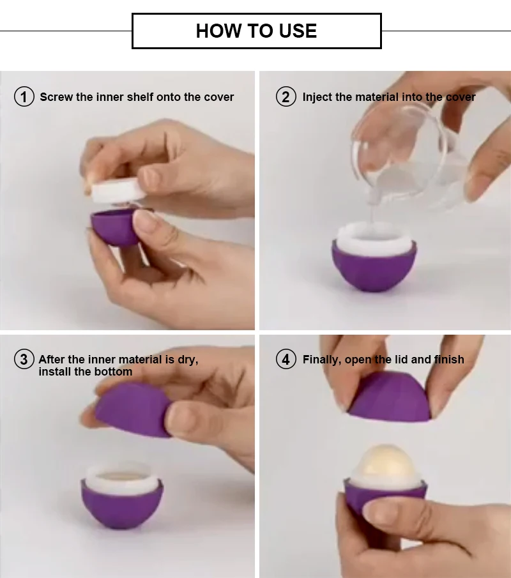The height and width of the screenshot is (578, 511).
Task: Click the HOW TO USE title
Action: pos(256,31)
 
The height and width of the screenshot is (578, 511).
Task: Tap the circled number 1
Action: pos(24,97)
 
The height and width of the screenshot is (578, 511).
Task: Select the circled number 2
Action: pos(286,97)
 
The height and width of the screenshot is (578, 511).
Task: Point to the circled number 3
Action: pos(24,360)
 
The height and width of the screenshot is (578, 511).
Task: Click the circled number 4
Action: pos(286,360)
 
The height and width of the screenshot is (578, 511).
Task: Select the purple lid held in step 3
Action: pos(133,409)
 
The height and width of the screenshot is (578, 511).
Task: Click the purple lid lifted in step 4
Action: pos(389,397)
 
